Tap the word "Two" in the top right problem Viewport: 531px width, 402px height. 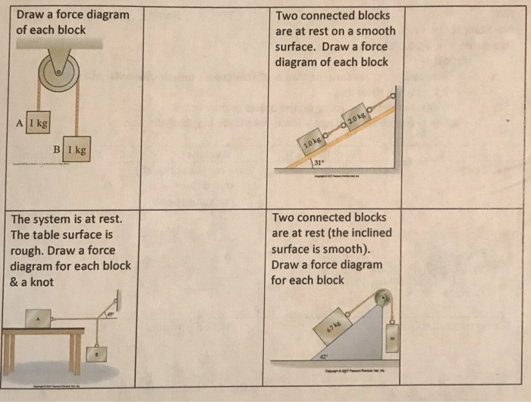click(x=289, y=16)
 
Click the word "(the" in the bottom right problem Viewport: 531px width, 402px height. click(x=356, y=233)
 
